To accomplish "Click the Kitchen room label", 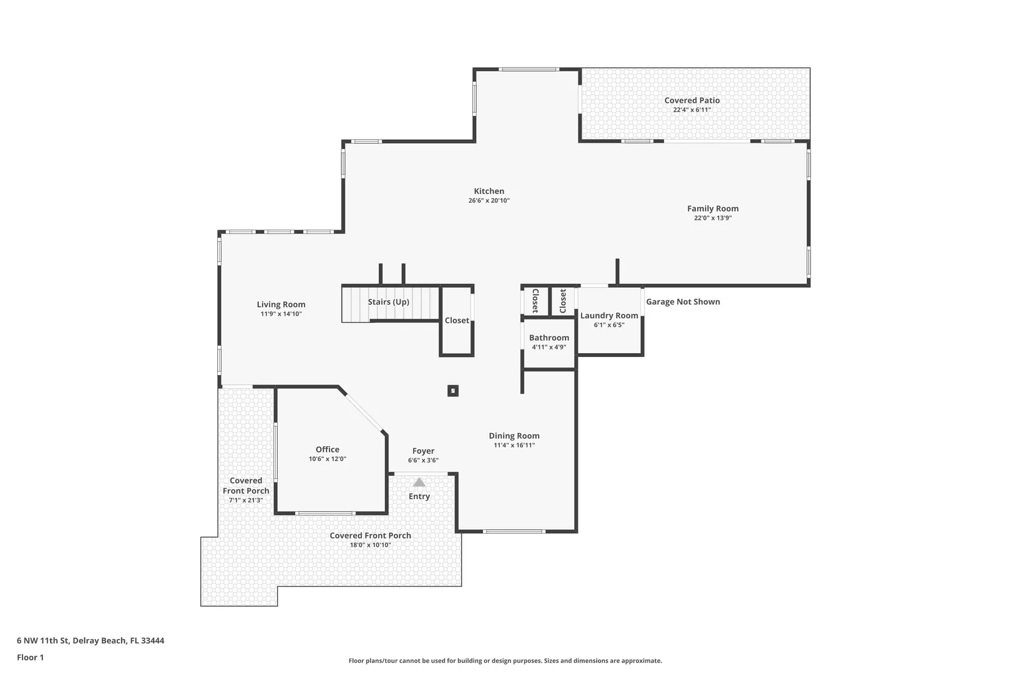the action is click(x=489, y=191).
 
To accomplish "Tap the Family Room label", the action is click(x=713, y=208).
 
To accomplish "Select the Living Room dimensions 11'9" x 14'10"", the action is click(x=281, y=314).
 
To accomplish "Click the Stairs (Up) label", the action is click(x=388, y=301).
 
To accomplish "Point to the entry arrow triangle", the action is click(x=419, y=482).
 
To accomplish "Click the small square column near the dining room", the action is click(x=452, y=391).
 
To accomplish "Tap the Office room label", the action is click(x=327, y=449).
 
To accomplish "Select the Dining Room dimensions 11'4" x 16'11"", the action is click(x=514, y=445).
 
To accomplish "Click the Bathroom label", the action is click(x=549, y=338).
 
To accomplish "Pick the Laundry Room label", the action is click(x=609, y=316).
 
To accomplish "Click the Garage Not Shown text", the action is click(x=683, y=301).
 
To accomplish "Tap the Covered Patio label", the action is click(x=692, y=100).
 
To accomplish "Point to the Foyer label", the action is click(x=423, y=451).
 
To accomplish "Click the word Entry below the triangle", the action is click(x=419, y=496).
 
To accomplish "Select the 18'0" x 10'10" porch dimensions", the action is click(x=370, y=545).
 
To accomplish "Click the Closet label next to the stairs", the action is click(x=457, y=320).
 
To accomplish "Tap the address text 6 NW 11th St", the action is click(x=43, y=640).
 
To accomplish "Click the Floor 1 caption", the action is click(x=30, y=657).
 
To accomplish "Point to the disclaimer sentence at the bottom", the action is click(x=505, y=660).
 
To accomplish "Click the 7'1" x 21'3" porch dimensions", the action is click(x=245, y=501).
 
